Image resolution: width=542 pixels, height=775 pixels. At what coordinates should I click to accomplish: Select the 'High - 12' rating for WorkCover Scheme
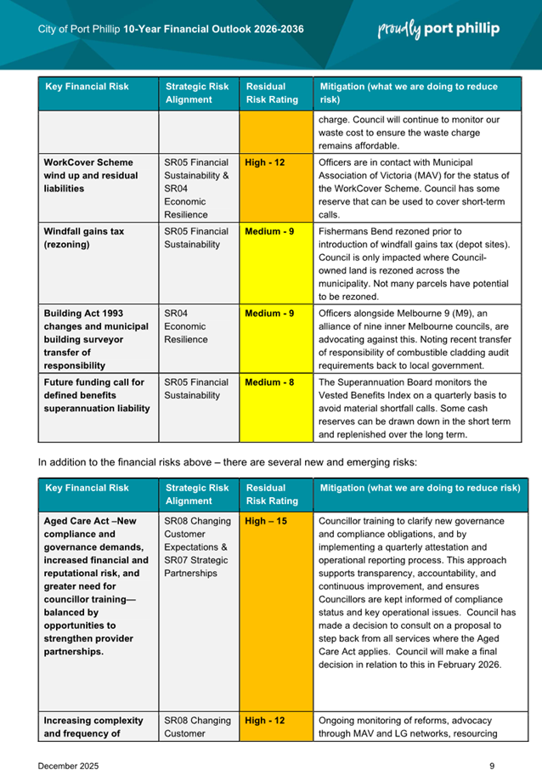click(265, 161)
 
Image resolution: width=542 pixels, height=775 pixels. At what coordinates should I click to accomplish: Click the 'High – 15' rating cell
click(265, 521)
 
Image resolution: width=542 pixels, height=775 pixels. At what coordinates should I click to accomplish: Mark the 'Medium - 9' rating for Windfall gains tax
click(269, 230)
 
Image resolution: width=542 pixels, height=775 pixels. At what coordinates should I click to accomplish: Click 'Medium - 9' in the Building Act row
click(269, 313)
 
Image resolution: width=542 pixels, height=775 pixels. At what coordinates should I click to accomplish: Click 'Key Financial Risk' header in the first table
click(87, 87)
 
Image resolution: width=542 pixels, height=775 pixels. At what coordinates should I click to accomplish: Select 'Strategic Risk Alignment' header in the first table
click(197, 93)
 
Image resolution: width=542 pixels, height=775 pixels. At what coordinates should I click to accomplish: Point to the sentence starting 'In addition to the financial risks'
click(227, 462)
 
